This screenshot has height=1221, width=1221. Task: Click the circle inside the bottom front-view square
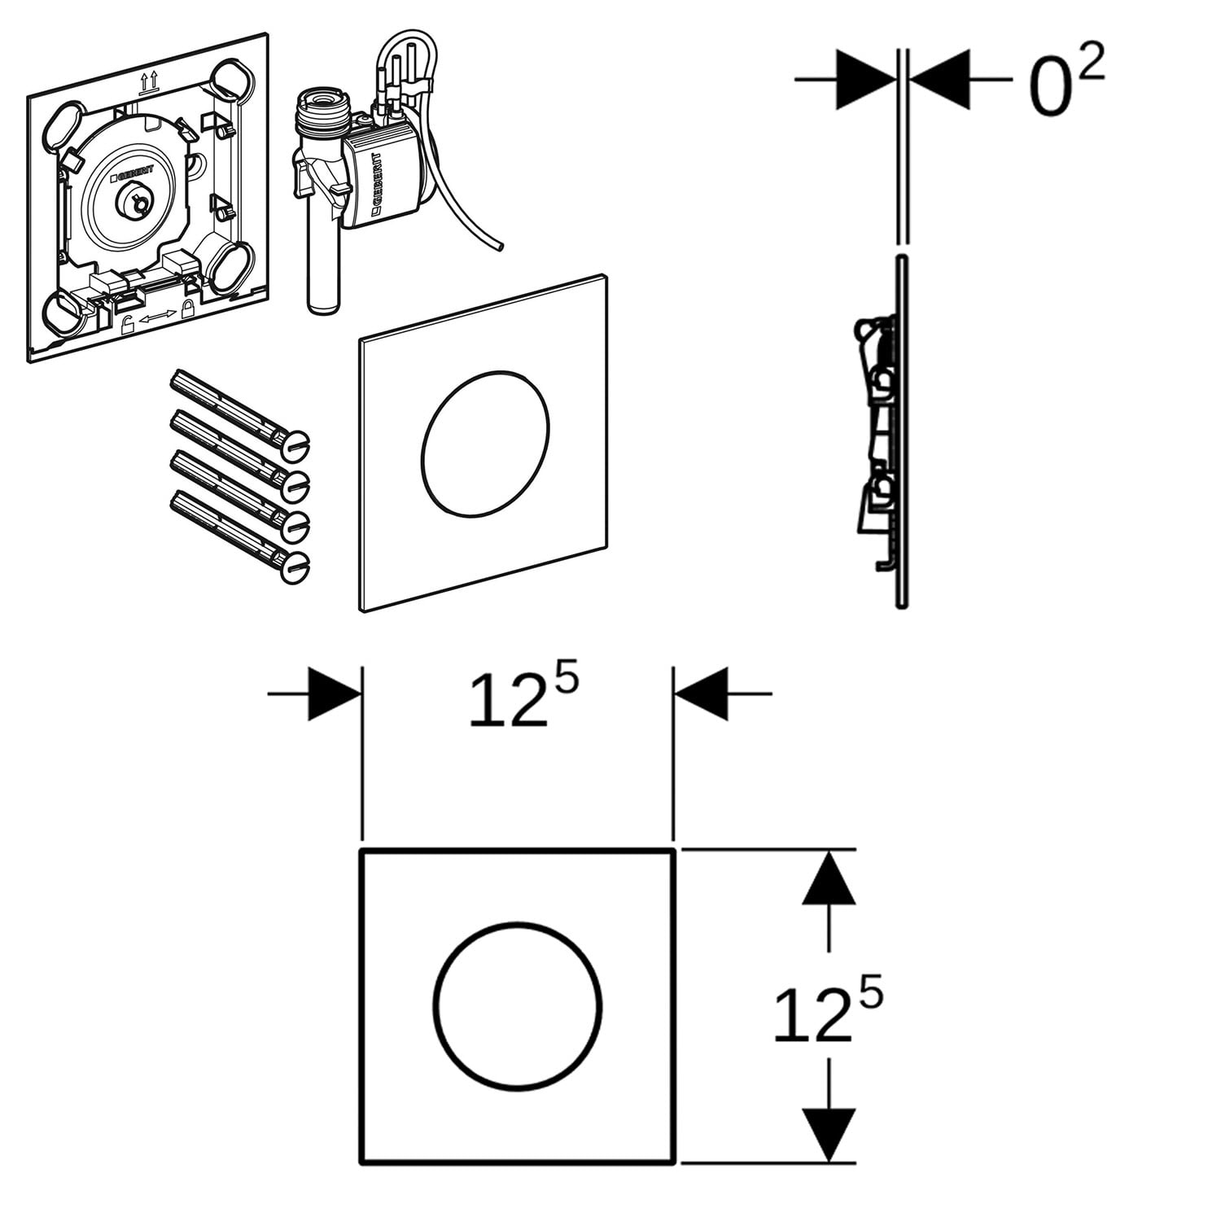pos(518,1006)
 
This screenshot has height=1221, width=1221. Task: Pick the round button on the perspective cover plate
pos(485,443)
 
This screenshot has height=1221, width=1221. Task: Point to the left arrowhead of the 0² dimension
pos(864,79)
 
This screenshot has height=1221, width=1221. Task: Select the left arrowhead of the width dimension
pos(334,694)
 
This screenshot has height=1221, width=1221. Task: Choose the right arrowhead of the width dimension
pos(702,694)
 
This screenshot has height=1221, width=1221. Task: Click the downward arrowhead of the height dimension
pos(829,1133)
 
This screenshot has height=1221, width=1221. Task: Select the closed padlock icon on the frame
pos(189,309)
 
